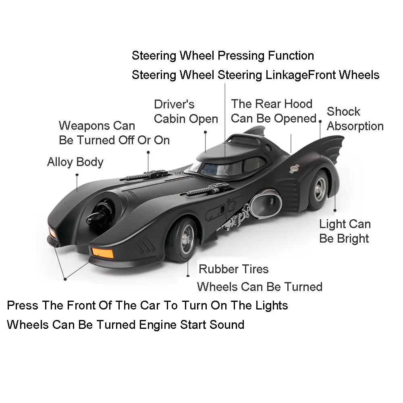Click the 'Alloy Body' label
click(75, 162)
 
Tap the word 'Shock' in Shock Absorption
click(343, 112)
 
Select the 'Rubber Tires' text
click(233, 269)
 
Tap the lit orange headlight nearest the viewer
click(103, 253)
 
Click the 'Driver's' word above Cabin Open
click(174, 104)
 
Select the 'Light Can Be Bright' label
click(345, 231)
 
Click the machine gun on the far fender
click(143, 175)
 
